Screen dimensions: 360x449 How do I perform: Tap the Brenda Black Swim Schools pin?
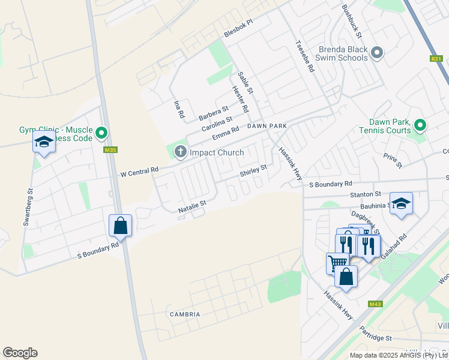click(x=377, y=53)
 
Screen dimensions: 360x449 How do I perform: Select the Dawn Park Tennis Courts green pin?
click(x=420, y=125)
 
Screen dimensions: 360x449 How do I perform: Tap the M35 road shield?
click(x=110, y=150)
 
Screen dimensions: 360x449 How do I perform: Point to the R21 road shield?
click(x=436, y=58)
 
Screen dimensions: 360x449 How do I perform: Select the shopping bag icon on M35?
click(x=120, y=226)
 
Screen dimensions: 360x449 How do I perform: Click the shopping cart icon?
click(x=337, y=262)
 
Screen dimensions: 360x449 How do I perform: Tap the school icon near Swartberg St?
click(x=44, y=142)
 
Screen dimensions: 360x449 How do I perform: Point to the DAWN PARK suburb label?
click(x=268, y=126)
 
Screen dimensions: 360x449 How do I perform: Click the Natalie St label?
click(x=192, y=207)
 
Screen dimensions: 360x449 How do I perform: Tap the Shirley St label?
click(x=253, y=171)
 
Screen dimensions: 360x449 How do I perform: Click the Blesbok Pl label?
click(x=239, y=35)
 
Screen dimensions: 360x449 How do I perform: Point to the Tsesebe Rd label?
click(x=304, y=56)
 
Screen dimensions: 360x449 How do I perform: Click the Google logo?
click(x=20, y=353)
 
